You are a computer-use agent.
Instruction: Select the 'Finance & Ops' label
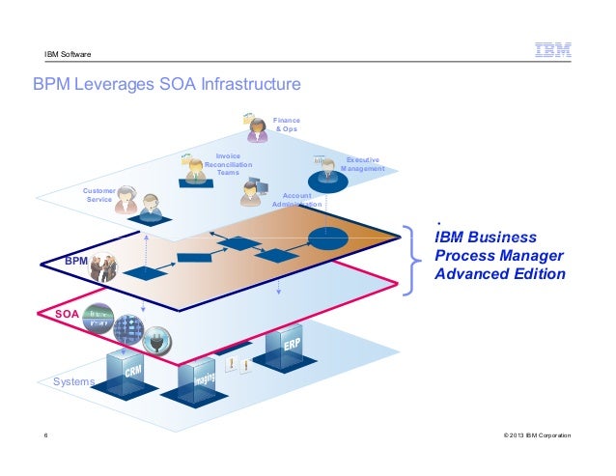(x=286, y=125)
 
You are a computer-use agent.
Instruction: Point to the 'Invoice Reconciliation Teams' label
(x=228, y=164)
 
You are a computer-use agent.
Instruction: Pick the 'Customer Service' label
(x=99, y=195)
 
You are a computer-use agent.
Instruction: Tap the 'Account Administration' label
(x=295, y=200)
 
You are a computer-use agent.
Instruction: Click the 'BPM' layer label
(x=76, y=262)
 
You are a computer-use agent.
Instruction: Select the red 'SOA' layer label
(x=65, y=315)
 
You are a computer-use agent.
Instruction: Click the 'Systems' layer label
(x=74, y=381)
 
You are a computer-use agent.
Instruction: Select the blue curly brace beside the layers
(x=415, y=256)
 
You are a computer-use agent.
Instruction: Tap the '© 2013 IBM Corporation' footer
(x=531, y=436)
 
